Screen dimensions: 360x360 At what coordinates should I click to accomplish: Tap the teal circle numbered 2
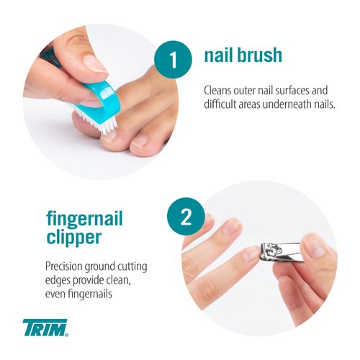tap(185, 217)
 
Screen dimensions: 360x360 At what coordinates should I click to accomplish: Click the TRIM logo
tap(45, 328)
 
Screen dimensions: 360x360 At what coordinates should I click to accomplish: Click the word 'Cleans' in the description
tap(220, 91)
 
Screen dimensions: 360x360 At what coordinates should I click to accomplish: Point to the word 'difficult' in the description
tap(224, 105)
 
